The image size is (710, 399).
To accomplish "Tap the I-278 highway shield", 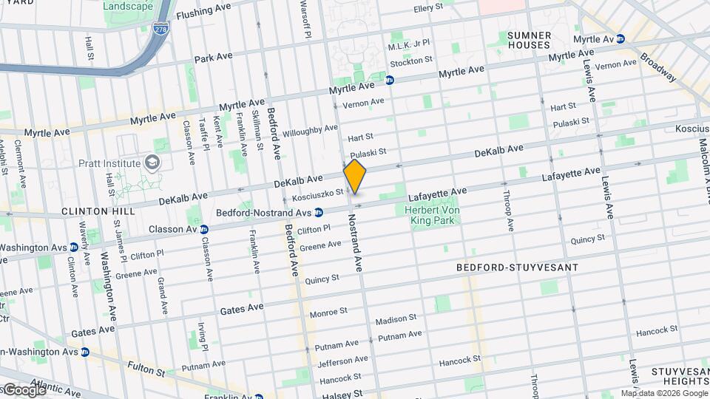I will (x=160, y=30).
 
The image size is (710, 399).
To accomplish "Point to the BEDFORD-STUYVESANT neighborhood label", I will (x=517, y=267).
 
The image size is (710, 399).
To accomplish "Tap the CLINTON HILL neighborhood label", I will (x=98, y=211).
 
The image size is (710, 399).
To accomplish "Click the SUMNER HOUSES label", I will (x=530, y=41).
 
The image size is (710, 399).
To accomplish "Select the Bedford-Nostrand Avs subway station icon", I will (x=319, y=213).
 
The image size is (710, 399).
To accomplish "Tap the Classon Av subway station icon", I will (x=203, y=229).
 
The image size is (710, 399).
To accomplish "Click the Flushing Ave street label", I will (x=204, y=12).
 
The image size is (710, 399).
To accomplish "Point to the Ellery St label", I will (x=429, y=9).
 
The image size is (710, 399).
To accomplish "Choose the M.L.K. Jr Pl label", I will (x=409, y=47).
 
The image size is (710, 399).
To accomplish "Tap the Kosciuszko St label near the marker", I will (x=318, y=194).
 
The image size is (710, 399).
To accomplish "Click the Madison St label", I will (x=396, y=319).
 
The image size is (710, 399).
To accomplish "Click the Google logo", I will (x=24, y=389).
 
